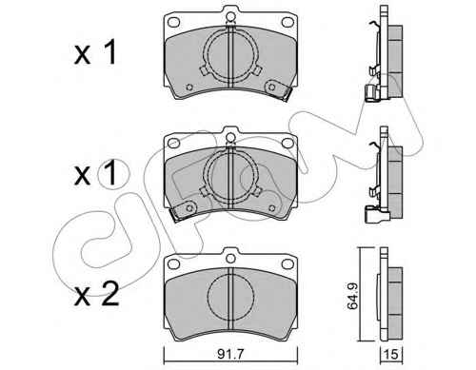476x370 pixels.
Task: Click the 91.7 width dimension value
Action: (x=230, y=354)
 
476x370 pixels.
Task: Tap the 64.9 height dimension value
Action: (x=352, y=296)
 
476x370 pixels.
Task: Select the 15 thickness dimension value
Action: (x=391, y=354)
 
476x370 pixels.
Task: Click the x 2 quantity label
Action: (x=96, y=295)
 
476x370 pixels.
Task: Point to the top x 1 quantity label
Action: (x=95, y=52)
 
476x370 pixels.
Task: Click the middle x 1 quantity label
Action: (x=95, y=174)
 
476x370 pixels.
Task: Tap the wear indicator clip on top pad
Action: (x=278, y=90)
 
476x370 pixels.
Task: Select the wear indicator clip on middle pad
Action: (x=183, y=211)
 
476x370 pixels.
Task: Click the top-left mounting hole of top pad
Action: (x=173, y=22)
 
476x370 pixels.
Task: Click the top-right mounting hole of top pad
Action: (x=288, y=22)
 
